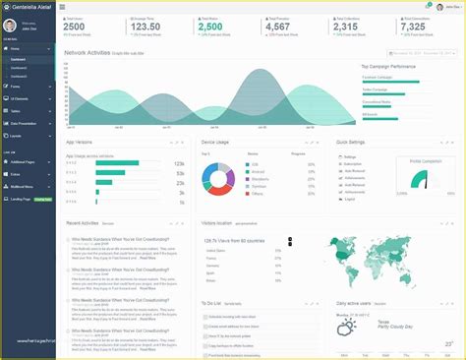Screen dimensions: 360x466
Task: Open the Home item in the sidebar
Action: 17,75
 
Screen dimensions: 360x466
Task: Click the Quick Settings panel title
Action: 352,143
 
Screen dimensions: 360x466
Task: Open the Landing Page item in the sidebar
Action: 20,199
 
